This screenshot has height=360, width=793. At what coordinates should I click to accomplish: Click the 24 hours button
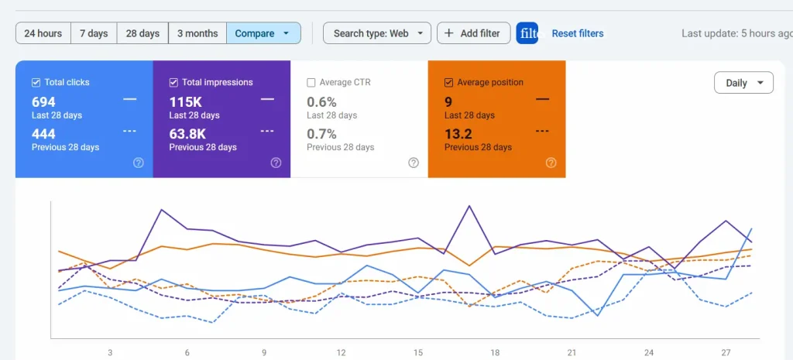[x=43, y=33]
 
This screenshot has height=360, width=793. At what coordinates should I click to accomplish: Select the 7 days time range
[x=94, y=33]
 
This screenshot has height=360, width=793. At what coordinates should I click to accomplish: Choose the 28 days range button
[x=142, y=33]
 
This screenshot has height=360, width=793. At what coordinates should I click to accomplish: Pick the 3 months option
[x=197, y=33]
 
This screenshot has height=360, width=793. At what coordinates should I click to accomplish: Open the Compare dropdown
[x=263, y=33]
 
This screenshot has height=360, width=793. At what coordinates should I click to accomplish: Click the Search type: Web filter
[x=377, y=33]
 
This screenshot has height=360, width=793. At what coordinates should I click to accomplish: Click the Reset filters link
[x=577, y=33]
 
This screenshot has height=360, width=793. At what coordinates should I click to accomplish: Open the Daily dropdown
[x=743, y=83]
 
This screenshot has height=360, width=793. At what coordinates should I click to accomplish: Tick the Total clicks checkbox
[x=36, y=82]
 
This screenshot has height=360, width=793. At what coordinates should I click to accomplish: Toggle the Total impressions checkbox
[x=174, y=82]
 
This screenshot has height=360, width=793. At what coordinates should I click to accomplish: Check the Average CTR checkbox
[x=311, y=82]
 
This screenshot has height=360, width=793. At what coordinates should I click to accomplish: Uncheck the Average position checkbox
[x=449, y=82]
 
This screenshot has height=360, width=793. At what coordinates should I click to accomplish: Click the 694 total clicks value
[x=44, y=101]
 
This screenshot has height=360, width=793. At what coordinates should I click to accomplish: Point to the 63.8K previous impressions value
[x=187, y=134]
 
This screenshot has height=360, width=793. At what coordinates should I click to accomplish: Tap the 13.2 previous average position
[x=458, y=134]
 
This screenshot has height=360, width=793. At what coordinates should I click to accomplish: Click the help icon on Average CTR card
[x=414, y=163]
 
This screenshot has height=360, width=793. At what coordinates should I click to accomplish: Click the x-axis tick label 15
[x=417, y=352]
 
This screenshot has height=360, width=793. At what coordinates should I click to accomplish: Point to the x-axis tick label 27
[x=726, y=352]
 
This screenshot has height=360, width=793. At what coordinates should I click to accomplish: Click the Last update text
[x=736, y=33]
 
